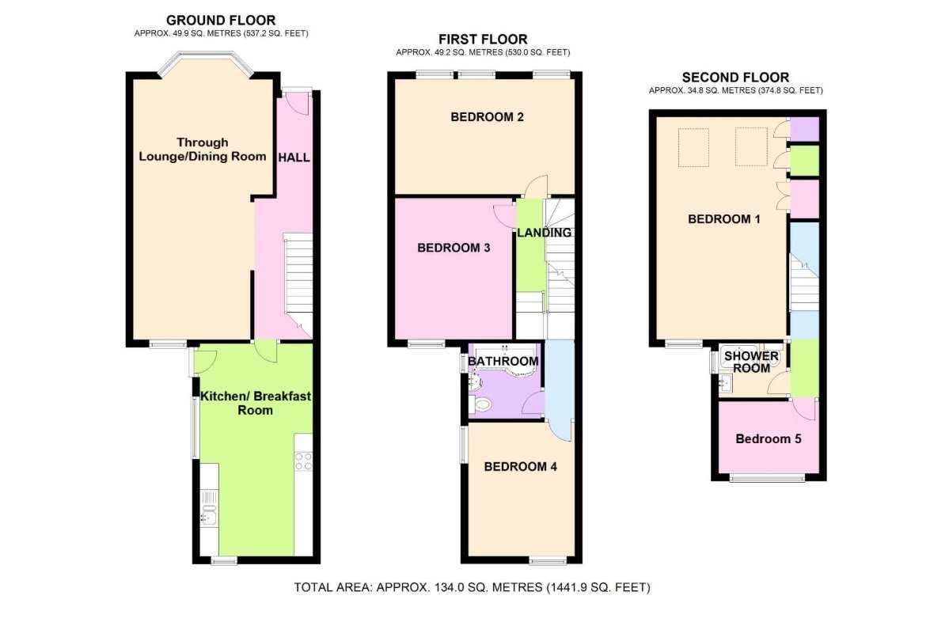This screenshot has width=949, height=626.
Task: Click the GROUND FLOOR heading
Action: (221, 20)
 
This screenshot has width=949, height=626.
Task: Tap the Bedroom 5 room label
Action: (767, 438)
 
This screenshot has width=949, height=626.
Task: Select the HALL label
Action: (293, 157)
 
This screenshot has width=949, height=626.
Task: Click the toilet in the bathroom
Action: (480, 405)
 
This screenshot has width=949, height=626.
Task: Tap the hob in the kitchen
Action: (303, 461)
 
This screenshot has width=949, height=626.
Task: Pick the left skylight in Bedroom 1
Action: (693, 147)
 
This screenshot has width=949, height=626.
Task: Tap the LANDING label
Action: (544, 233)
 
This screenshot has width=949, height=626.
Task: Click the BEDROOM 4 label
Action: (520, 467)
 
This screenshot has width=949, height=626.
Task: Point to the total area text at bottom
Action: (472, 587)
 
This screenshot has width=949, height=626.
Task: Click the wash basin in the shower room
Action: (727, 385)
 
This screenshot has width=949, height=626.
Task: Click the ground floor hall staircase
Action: (298, 277)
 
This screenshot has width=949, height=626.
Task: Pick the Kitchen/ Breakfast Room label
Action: (255, 403)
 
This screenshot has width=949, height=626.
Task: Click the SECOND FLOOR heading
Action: (735, 78)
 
